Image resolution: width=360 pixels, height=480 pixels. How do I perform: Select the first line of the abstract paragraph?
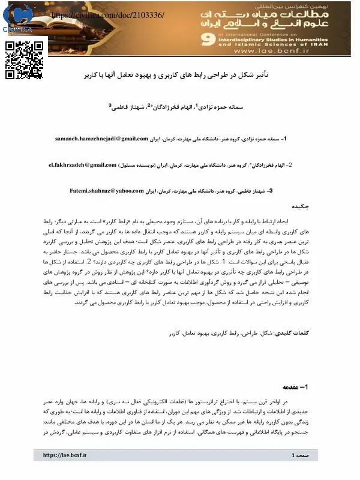(180, 221)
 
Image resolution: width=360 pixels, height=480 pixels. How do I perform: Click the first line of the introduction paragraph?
(180, 402)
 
